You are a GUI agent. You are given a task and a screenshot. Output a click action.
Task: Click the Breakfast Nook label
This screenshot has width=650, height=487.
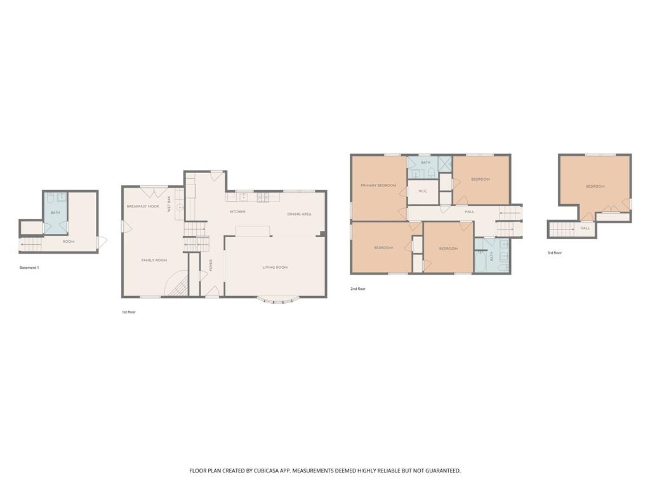143,206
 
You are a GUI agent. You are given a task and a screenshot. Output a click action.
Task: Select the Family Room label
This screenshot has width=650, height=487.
154,260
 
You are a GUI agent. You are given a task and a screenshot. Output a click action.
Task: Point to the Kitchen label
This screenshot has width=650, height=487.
237,212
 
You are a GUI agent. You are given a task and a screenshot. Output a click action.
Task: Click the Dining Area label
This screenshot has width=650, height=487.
300,214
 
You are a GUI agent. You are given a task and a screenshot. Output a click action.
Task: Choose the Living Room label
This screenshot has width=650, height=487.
275,268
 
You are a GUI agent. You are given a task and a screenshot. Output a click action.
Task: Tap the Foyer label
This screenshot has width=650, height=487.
211,265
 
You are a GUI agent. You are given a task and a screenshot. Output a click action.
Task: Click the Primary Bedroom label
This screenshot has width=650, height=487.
378,186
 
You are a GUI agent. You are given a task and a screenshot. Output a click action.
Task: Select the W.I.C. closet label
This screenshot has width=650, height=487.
423,192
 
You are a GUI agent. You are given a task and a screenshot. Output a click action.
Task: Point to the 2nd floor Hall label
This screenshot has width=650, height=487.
469,212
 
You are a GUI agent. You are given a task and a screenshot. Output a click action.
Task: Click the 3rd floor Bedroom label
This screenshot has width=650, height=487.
595,186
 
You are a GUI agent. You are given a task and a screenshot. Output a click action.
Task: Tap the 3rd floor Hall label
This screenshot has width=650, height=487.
585,228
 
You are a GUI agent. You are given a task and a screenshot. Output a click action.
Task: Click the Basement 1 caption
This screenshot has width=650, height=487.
29,268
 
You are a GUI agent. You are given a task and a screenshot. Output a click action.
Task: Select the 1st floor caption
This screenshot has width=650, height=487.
128,312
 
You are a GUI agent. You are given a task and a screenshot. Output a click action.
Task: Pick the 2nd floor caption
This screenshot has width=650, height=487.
358,289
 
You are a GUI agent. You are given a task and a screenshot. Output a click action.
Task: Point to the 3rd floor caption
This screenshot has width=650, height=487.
555,252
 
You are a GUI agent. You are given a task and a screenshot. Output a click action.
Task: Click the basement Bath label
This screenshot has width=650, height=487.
56,212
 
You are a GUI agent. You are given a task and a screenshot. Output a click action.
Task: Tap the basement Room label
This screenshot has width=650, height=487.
69,242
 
